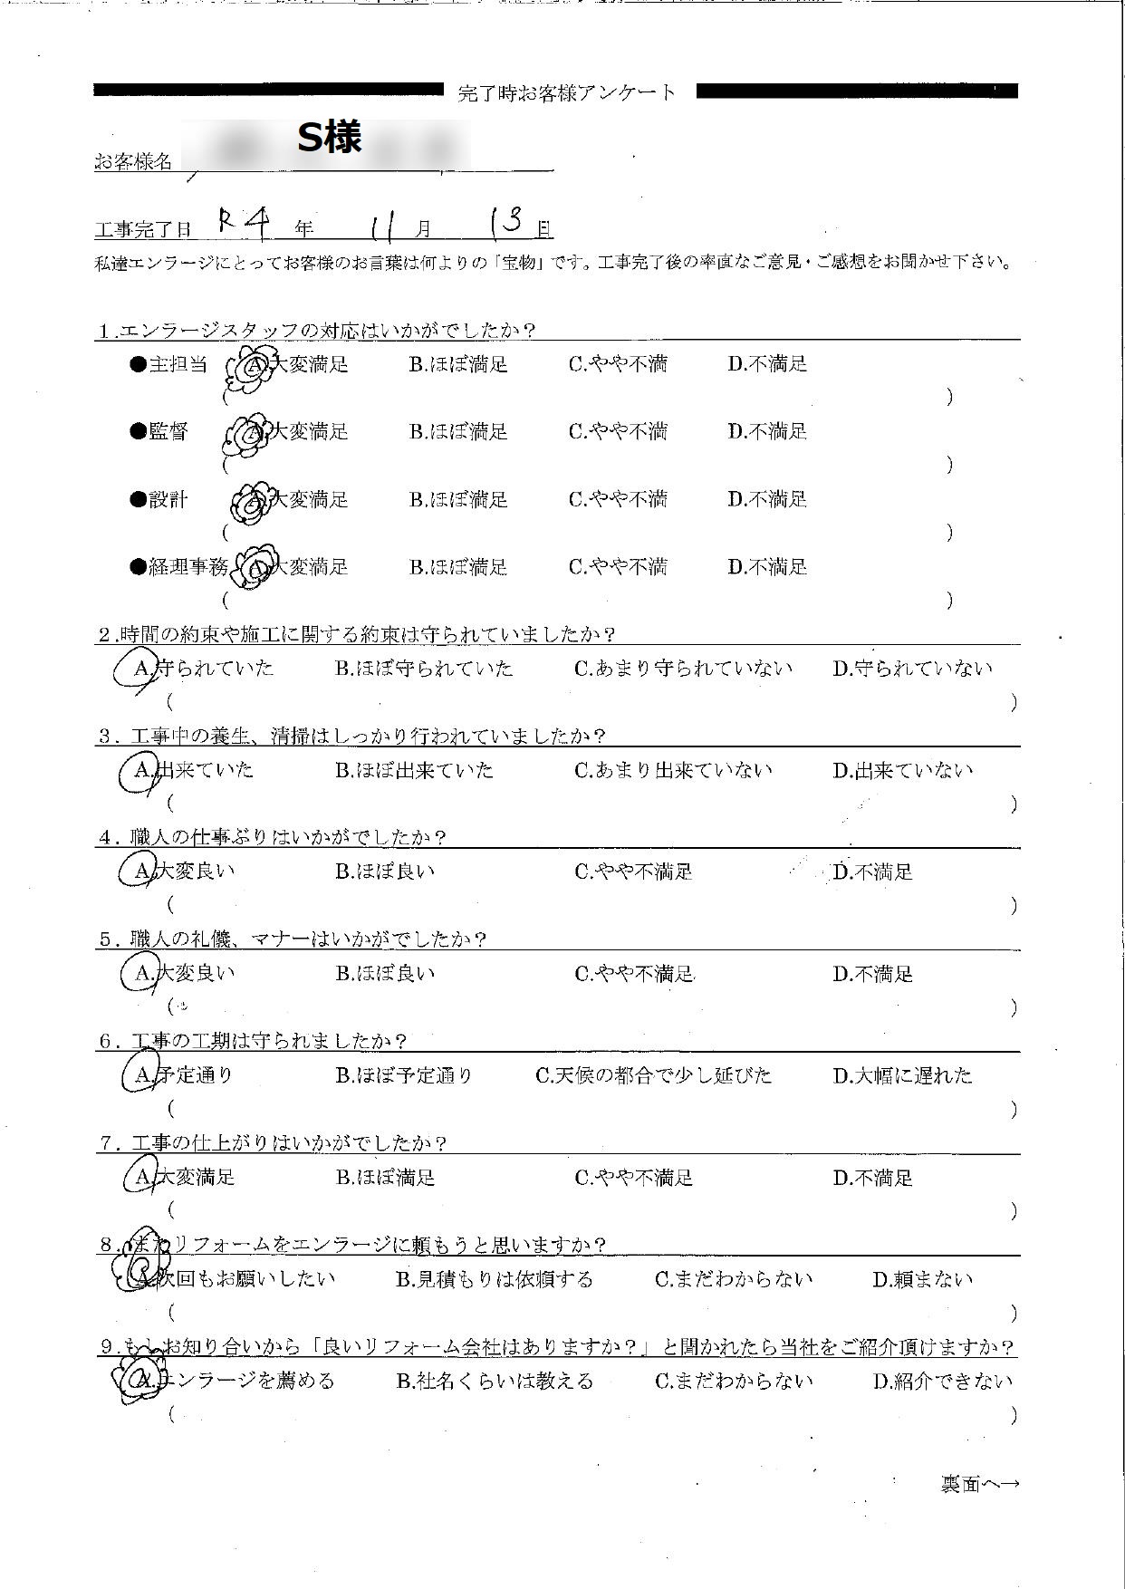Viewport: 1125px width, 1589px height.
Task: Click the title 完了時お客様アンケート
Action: [567, 92]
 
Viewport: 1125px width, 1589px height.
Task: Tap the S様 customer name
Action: [331, 138]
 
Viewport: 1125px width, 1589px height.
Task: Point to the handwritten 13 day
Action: [505, 222]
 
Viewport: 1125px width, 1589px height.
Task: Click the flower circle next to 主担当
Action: [247, 368]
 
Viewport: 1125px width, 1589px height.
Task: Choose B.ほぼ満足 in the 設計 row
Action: [457, 500]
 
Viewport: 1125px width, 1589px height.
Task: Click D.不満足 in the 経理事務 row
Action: [766, 568]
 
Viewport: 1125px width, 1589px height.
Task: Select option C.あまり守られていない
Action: [683, 669]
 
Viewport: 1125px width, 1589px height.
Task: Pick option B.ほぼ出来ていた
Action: [414, 771]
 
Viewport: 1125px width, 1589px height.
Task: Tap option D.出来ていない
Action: [902, 771]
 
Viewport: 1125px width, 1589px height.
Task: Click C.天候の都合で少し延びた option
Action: [653, 1076]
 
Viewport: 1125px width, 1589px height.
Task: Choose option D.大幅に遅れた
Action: [902, 1076]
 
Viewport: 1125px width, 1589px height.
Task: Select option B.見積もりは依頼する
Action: [495, 1280]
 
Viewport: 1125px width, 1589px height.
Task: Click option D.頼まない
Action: [922, 1280]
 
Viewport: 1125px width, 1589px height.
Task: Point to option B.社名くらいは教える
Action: [495, 1382]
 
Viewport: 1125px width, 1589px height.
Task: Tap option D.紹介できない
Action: [942, 1382]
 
